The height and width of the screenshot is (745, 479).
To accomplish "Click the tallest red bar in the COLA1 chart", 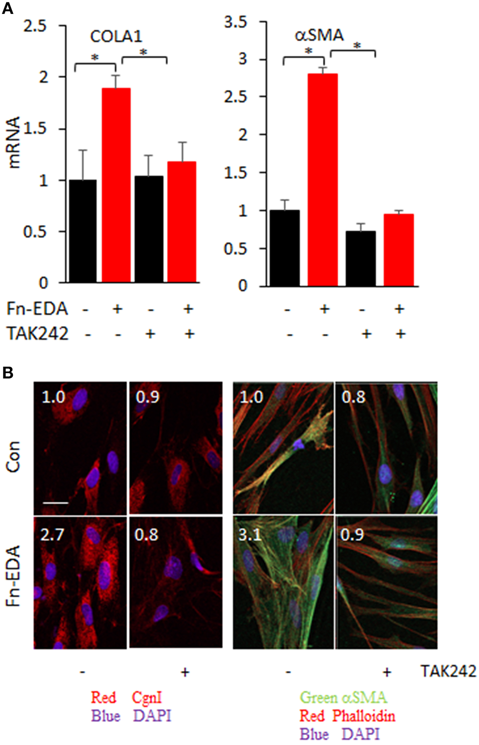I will (116, 185).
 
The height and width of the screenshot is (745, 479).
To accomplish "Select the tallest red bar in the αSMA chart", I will (323, 180).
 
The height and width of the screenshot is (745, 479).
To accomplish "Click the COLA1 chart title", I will (116, 36).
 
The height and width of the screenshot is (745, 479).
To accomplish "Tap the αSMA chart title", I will (319, 35).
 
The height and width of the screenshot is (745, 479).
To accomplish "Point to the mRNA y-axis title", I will (14, 143).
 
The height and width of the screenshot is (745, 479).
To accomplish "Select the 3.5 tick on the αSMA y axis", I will (236, 22).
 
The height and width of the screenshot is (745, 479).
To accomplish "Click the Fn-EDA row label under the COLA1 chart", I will (37, 309).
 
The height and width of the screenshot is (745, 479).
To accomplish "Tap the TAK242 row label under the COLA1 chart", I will (37, 333).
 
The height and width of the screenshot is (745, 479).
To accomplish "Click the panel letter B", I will (7, 372).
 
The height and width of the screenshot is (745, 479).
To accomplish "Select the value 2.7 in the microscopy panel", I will (52, 535).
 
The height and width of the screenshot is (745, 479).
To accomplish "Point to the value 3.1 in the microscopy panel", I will (250, 535).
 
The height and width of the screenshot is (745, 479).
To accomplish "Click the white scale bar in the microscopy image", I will (56, 502).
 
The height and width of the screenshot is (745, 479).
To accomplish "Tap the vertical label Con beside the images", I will (13, 456).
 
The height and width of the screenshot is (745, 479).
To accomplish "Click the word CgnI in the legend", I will (147, 697).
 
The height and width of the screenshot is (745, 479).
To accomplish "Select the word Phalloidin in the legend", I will (364, 716).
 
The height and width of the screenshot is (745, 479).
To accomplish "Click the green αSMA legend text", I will (343, 697).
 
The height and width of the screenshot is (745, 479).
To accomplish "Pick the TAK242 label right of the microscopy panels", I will (448, 671).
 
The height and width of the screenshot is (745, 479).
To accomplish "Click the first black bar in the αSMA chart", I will (285, 248).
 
